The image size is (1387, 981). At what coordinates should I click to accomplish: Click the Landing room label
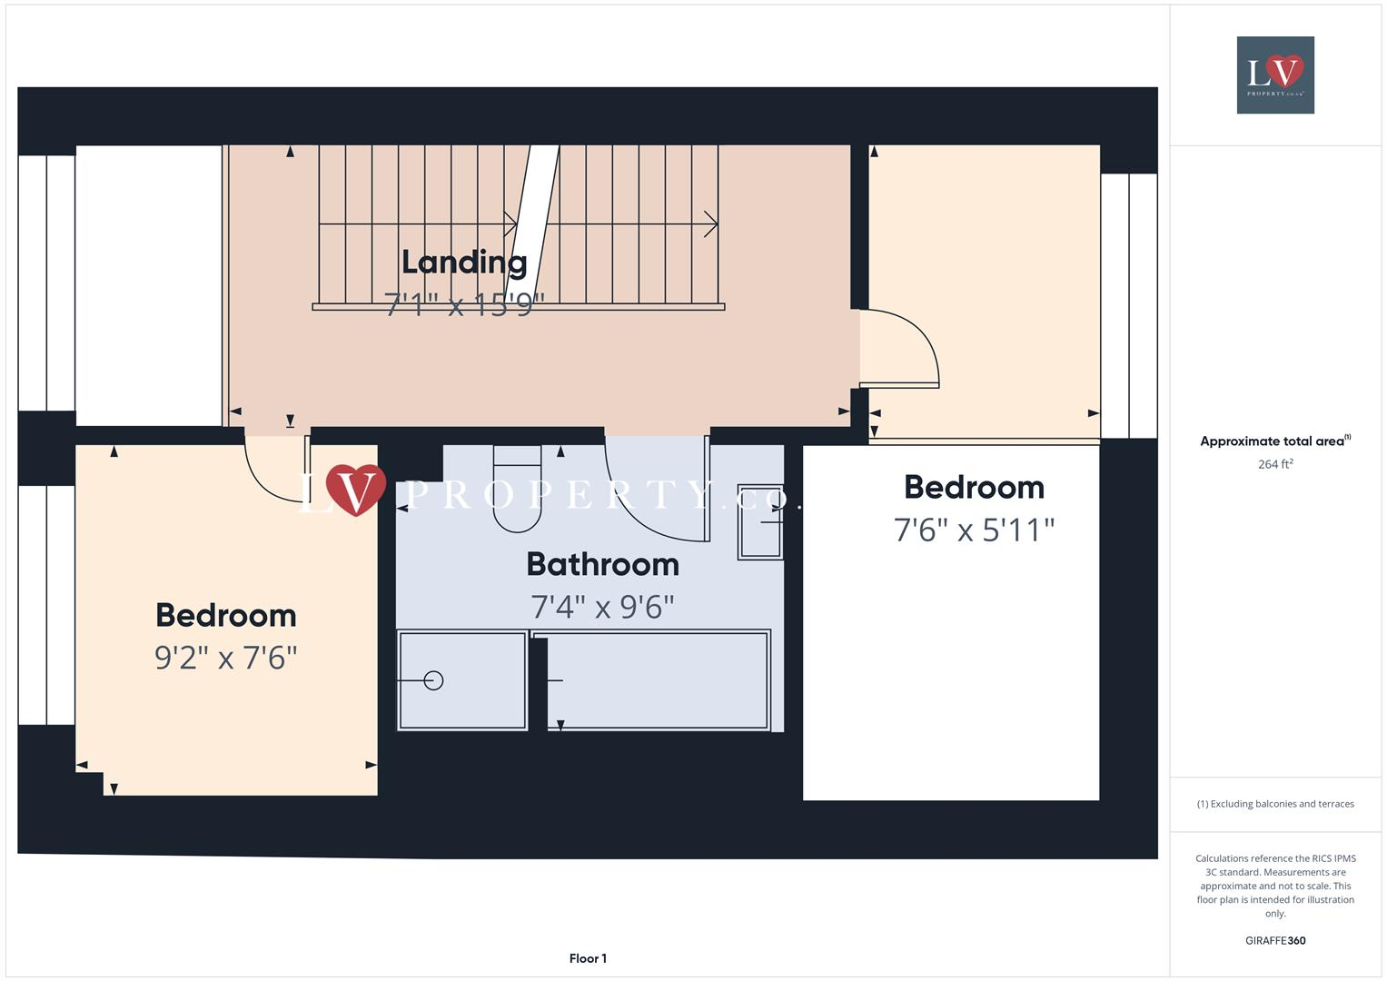click(x=464, y=263)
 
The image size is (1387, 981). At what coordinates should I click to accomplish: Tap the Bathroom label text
click(x=602, y=565)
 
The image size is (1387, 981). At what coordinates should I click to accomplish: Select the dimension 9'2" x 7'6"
click(x=226, y=657)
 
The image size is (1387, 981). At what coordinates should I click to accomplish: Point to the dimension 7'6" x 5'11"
click(x=974, y=529)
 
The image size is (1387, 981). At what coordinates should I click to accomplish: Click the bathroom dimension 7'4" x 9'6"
click(x=602, y=606)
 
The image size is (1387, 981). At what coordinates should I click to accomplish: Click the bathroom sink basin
click(x=759, y=521)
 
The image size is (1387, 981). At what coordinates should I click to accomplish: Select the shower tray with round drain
click(x=462, y=679)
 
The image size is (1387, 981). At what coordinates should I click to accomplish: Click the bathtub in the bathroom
click(x=658, y=680)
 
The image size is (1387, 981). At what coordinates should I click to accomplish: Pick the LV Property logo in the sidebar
click(x=1275, y=74)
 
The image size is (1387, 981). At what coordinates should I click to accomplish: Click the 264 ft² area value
click(x=1275, y=464)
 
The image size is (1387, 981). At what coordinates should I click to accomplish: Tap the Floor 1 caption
click(x=588, y=958)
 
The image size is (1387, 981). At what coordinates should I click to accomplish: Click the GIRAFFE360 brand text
click(x=1275, y=940)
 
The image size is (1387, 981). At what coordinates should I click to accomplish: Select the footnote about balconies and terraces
click(x=1275, y=804)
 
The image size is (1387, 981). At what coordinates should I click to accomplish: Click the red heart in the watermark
click(x=356, y=489)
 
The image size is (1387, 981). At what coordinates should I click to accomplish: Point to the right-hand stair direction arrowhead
click(x=711, y=223)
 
